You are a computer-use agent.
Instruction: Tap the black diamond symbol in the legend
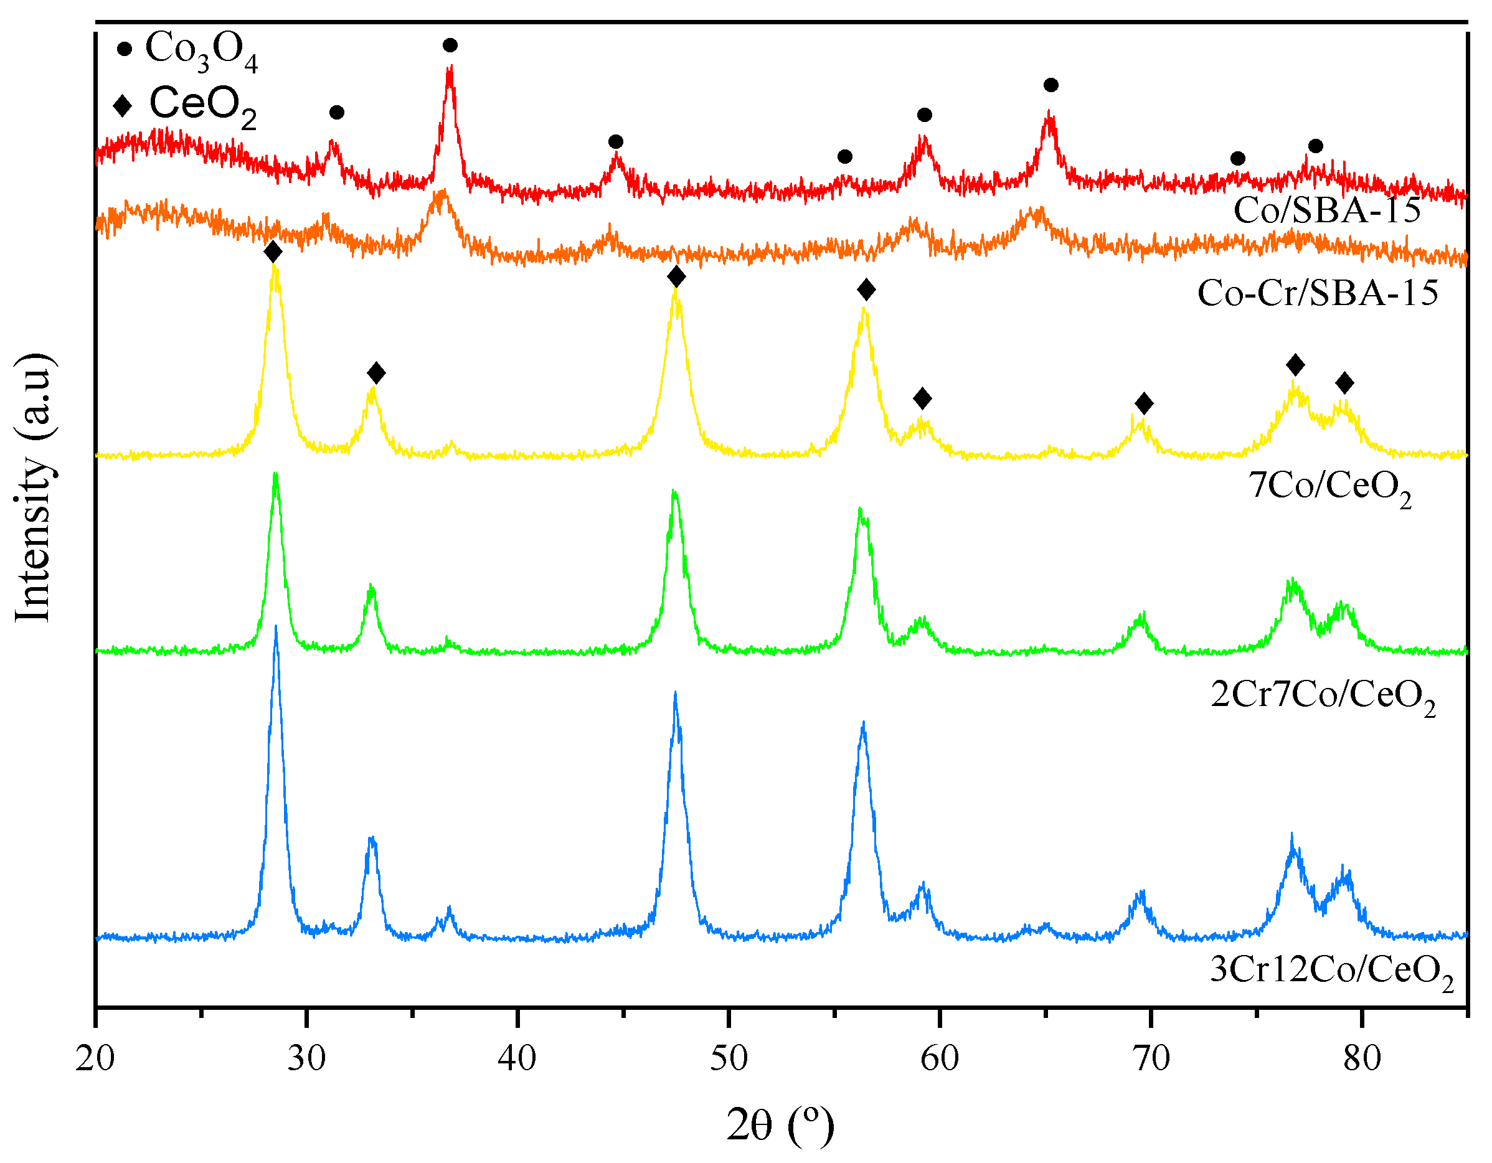[123, 105]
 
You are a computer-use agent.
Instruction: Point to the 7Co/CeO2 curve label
[1329, 487]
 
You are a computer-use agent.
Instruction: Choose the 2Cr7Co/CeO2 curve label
[1323, 696]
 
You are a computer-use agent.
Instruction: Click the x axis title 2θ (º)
[780, 1125]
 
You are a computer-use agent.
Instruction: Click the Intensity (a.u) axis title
[33, 487]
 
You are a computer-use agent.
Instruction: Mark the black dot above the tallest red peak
[450, 45]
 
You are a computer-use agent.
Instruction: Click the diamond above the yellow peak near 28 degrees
[273, 252]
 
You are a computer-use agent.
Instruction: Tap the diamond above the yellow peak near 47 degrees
[676, 276]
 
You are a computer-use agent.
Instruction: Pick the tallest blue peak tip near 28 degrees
[275, 627]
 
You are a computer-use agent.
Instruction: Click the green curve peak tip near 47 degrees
[674, 492]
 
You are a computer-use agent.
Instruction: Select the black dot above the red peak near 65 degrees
[1051, 85]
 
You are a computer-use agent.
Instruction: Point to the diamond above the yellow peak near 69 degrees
[1143, 403]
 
